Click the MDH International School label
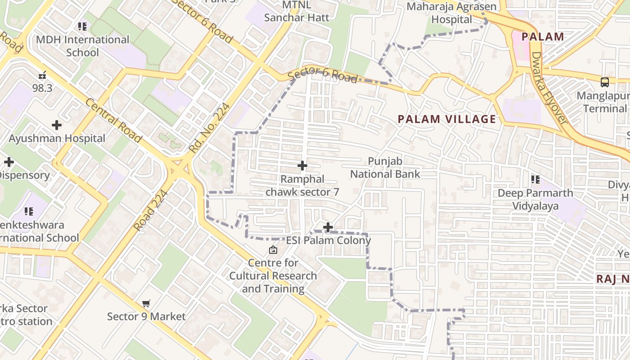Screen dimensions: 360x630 (82, 46)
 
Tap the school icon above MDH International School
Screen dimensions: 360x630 (82, 27)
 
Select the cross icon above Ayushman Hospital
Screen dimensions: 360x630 (57, 125)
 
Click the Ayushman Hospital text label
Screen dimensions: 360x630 (57, 138)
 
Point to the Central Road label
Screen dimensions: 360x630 (114, 120)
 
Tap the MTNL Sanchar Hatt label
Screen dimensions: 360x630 (297, 12)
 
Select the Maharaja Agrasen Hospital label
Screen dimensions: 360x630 (451, 13)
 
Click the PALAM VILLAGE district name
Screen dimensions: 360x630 (447, 119)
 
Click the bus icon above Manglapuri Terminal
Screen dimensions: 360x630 (605, 82)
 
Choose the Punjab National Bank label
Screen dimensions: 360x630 (385, 167)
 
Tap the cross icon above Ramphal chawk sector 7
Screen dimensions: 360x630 (302, 166)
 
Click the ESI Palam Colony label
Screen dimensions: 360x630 (328, 240)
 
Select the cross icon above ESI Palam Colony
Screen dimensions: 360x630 (328, 227)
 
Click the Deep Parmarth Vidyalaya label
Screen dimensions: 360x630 (535, 199)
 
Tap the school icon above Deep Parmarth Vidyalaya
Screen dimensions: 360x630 (535, 180)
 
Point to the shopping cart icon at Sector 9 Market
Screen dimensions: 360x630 (146, 304)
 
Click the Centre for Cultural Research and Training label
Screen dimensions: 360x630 (273, 275)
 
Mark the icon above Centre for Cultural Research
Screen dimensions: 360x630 (273, 250)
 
